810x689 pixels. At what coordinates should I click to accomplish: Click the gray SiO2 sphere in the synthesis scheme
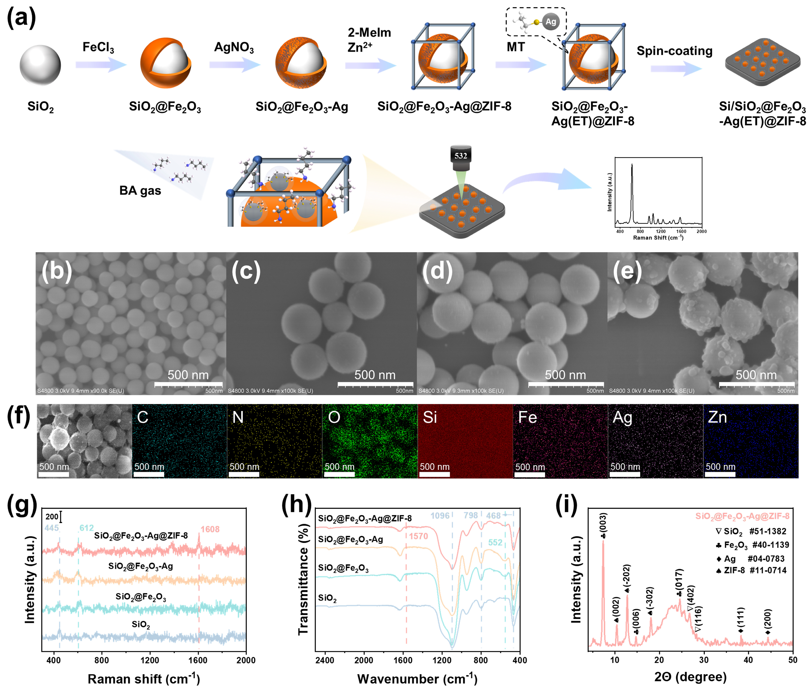click(40, 65)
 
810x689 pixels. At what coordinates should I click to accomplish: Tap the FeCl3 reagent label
click(98, 47)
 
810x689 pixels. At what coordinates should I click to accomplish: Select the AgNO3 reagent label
click(234, 47)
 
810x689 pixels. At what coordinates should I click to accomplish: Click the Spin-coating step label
click(674, 51)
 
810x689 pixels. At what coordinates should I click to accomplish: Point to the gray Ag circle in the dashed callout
click(551, 22)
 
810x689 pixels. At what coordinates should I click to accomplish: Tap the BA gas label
click(140, 191)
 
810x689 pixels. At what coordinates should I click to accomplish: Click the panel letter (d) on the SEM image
click(438, 270)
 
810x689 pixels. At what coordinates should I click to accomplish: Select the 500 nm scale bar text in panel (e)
click(756, 375)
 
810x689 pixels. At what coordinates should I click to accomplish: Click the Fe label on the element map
click(527, 418)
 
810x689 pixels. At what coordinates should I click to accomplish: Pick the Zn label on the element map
click(717, 418)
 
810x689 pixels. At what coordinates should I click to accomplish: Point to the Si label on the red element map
click(430, 418)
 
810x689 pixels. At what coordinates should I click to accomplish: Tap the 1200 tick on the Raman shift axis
click(150, 660)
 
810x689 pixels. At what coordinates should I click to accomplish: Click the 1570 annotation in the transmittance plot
click(418, 536)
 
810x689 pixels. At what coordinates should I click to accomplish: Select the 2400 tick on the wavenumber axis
click(325, 660)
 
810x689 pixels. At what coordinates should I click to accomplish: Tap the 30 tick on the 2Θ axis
click(704, 660)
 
